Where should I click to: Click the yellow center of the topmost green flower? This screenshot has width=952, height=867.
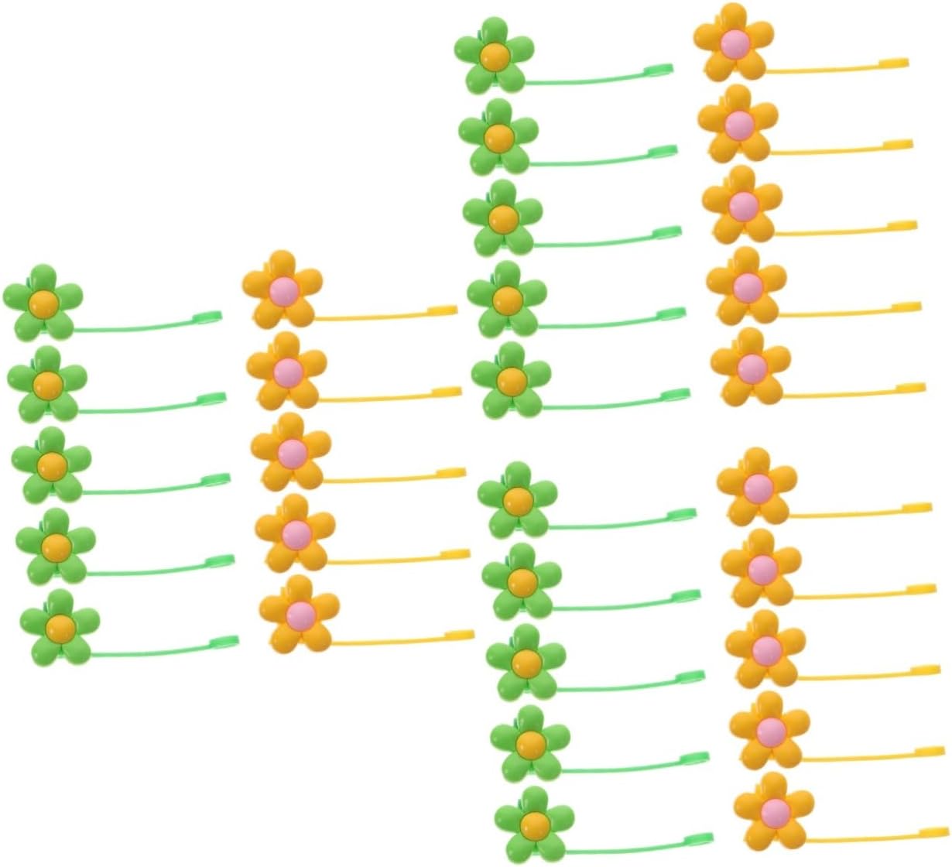(x=494, y=55)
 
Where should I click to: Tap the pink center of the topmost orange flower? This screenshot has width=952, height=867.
(x=734, y=42)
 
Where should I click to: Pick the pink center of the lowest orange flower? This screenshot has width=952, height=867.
(x=774, y=810)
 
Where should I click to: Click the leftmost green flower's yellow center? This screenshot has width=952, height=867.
(x=43, y=301)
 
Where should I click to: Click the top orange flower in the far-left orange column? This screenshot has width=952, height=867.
(x=282, y=289)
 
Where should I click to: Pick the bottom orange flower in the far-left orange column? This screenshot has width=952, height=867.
(x=300, y=613)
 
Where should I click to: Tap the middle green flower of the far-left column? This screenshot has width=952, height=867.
(x=51, y=464)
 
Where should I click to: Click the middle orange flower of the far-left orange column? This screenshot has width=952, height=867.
(x=291, y=451)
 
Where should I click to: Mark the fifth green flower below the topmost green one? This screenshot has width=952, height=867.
(x=517, y=499)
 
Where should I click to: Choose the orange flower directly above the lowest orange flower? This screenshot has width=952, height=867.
(x=770, y=729)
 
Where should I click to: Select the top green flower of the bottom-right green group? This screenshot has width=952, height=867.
(x=517, y=499)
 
